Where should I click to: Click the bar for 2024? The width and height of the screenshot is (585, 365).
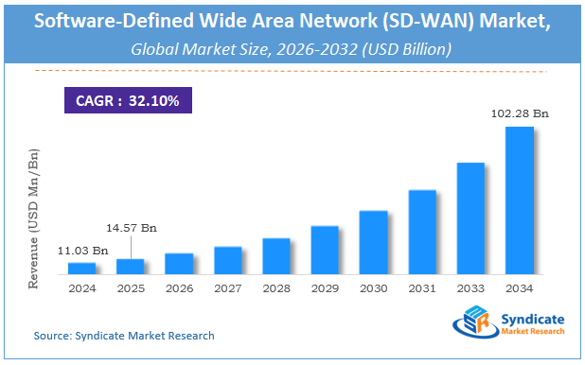click(81, 269)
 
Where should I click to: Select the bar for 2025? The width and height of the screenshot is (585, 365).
click(130, 267)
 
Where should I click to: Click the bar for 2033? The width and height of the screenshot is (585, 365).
click(470, 218)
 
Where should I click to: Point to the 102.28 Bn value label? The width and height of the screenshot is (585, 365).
click(519, 114)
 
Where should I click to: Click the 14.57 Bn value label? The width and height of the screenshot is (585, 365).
click(130, 229)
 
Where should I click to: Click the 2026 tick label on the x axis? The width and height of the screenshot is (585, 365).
click(178, 287)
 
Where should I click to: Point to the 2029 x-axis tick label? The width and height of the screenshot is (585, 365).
click(324, 287)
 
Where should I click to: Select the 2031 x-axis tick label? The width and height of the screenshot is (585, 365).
click(421, 287)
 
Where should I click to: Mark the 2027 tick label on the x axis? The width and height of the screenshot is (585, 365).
click(226, 287)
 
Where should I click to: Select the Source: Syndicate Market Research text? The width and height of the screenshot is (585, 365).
click(124, 336)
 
